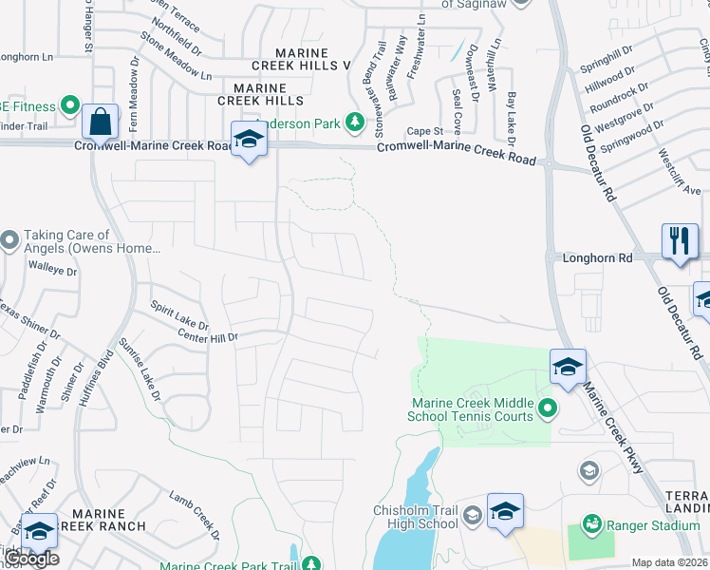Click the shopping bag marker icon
tap(100, 123)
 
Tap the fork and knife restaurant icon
tap(679, 240)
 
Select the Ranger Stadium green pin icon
tap(592, 523)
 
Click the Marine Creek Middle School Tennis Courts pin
tap(547, 409)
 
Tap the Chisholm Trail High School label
tap(416, 517)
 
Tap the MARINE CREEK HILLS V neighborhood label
tap(301, 59)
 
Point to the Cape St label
tap(425, 131)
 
